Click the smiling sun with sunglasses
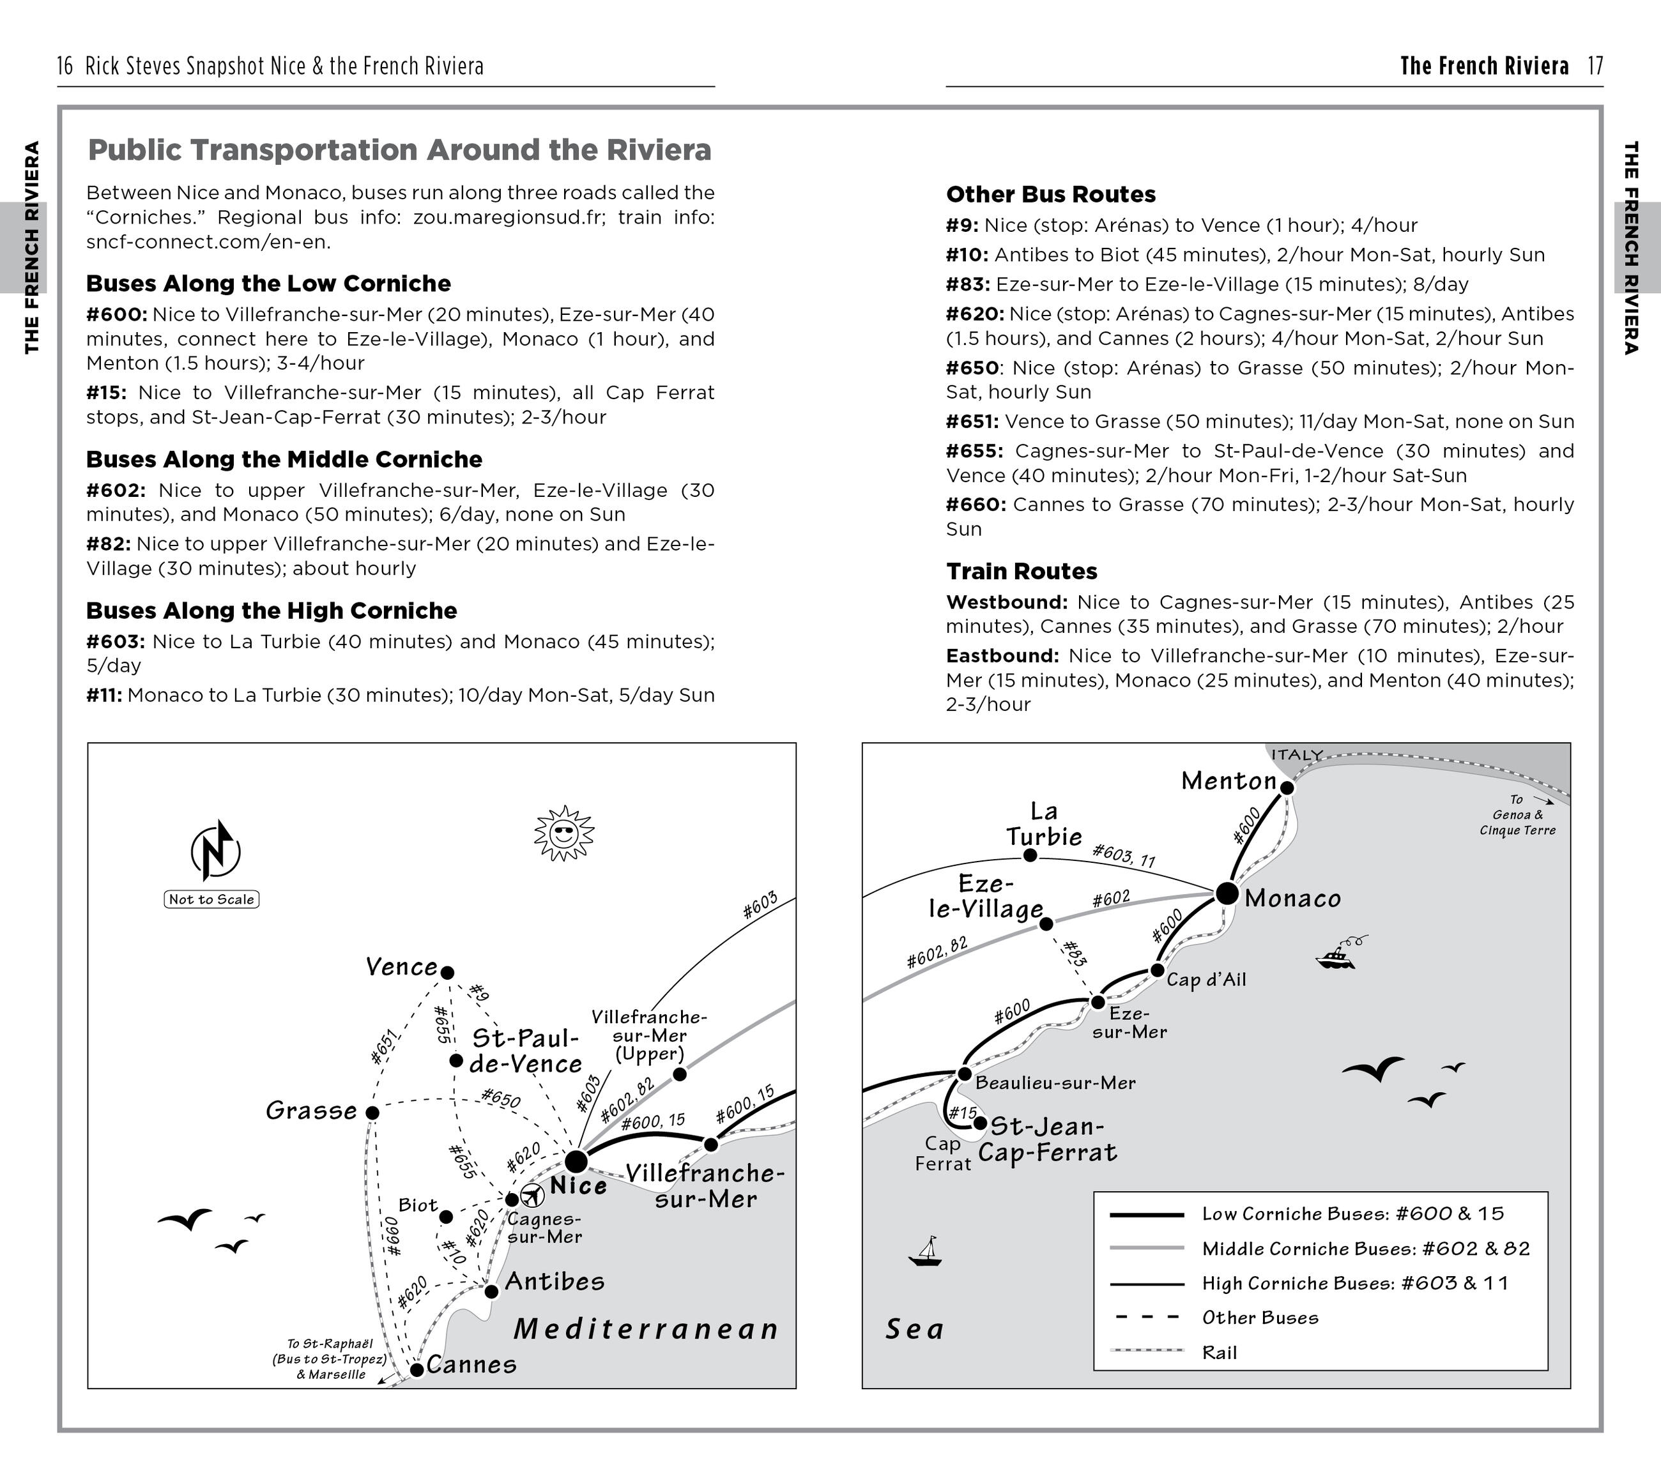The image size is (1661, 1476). (563, 833)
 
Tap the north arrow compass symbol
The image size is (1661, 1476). (215, 851)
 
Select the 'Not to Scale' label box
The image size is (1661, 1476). (211, 899)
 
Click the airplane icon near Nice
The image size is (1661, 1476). (532, 1196)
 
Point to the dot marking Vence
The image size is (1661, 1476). (447, 972)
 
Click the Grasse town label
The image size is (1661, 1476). (311, 1111)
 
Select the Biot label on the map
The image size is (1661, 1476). (418, 1205)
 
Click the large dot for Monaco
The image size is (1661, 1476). (1227, 894)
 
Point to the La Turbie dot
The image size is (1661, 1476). (1030, 855)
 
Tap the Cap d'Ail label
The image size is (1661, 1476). (1206, 980)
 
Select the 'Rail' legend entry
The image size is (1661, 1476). (1220, 1353)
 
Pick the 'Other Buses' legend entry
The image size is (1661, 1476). (1260, 1318)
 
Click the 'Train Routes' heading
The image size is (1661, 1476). (1022, 571)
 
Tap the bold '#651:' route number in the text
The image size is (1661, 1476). (972, 422)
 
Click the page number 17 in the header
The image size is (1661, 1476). (1595, 66)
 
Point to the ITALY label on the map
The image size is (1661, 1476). (1297, 755)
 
